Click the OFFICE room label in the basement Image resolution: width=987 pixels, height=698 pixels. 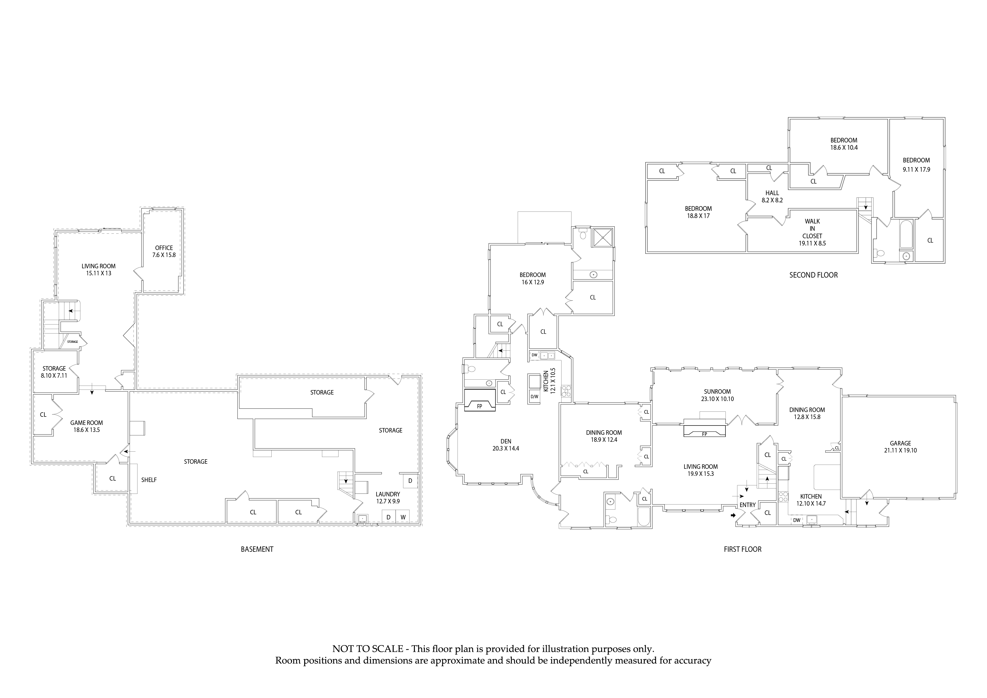tap(164, 251)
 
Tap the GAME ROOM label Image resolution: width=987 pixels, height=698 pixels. tap(86, 426)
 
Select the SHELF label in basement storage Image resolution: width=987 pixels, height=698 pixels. tap(149, 480)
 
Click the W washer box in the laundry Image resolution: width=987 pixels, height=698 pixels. tap(403, 517)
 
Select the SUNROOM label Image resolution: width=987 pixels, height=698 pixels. tap(717, 395)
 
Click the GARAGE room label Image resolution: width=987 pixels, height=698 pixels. tap(900, 447)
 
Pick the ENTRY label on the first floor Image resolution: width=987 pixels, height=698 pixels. tap(747, 505)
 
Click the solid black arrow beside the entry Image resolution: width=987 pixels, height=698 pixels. tap(733, 515)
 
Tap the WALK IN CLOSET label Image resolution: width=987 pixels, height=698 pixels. tap(812, 232)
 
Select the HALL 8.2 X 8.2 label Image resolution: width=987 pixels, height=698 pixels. tap(772, 196)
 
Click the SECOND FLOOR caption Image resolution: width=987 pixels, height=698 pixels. tap(813, 275)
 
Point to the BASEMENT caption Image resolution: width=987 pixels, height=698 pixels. tap(257, 549)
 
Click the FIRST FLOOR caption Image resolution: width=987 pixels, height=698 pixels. tap(742, 549)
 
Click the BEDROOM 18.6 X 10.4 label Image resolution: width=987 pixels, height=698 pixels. tap(843, 143)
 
